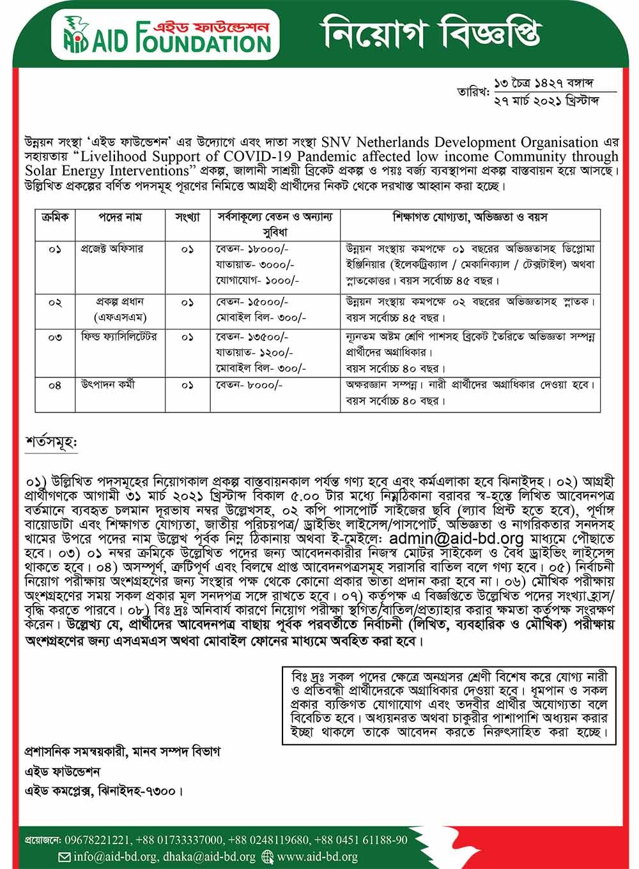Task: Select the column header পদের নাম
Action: pyautogui.click(x=120, y=217)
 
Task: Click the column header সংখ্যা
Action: pyautogui.click(x=187, y=217)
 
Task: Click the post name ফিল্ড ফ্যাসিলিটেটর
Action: pyautogui.click(x=119, y=336)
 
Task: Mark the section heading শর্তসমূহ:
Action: pyautogui.click(x=51, y=442)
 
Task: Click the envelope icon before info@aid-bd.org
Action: pyautogui.click(x=64, y=857)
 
